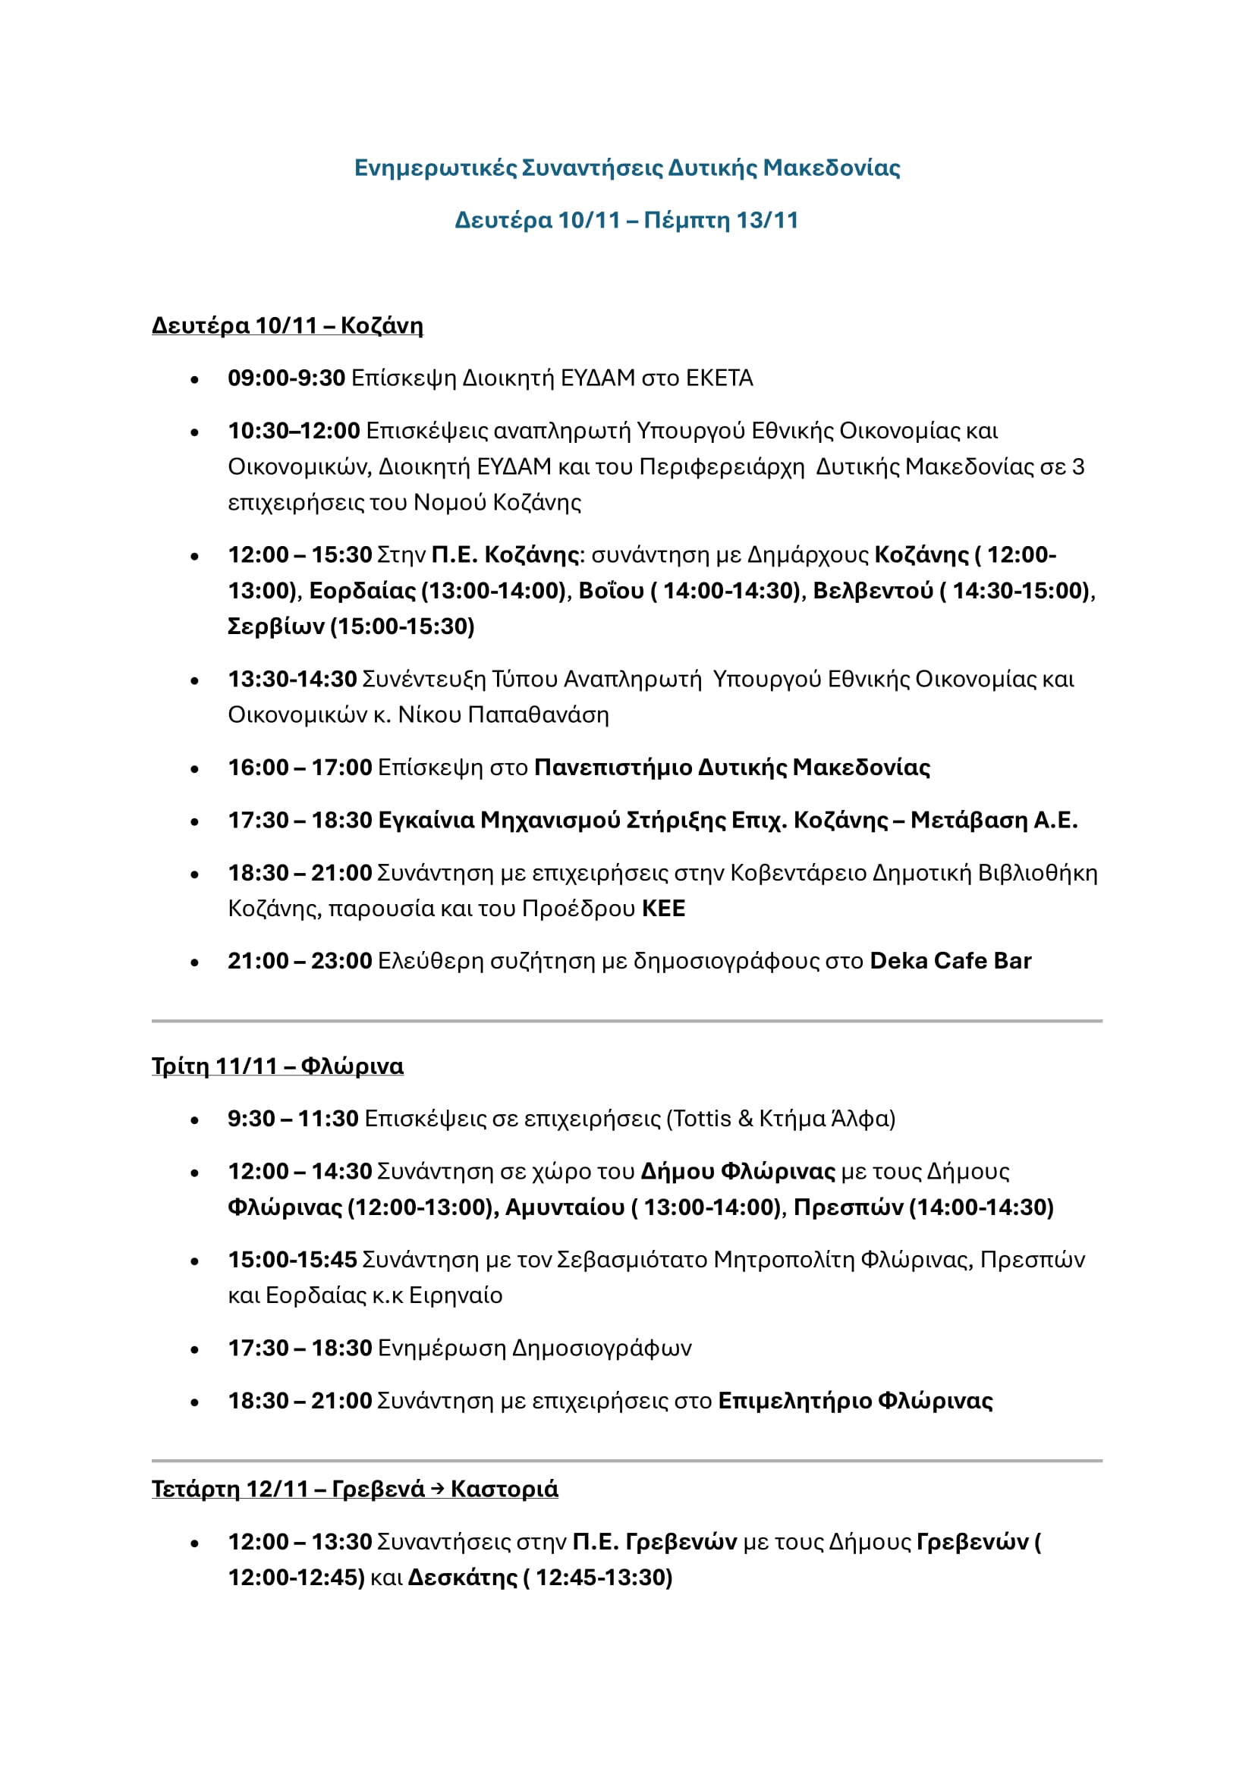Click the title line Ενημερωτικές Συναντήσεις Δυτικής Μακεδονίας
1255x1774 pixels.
[627, 168]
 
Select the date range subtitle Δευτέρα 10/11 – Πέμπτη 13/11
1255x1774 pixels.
[626, 220]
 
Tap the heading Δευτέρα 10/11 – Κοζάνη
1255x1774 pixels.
[287, 325]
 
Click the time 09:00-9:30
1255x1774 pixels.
[286, 378]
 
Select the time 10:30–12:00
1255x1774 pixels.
[294, 430]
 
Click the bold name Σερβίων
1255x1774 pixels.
[276, 626]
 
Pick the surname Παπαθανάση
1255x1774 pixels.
[539, 714]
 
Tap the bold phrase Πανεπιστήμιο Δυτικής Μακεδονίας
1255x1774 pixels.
[731, 768]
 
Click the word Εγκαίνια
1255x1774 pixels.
[426, 820]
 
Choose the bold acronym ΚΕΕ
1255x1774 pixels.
[663, 908]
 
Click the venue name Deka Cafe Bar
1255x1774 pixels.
[950, 960]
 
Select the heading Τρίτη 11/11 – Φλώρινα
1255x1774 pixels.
[277, 1066]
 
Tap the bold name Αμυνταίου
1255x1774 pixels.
[564, 1207]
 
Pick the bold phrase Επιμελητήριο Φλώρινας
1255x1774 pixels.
[854, 1400]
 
